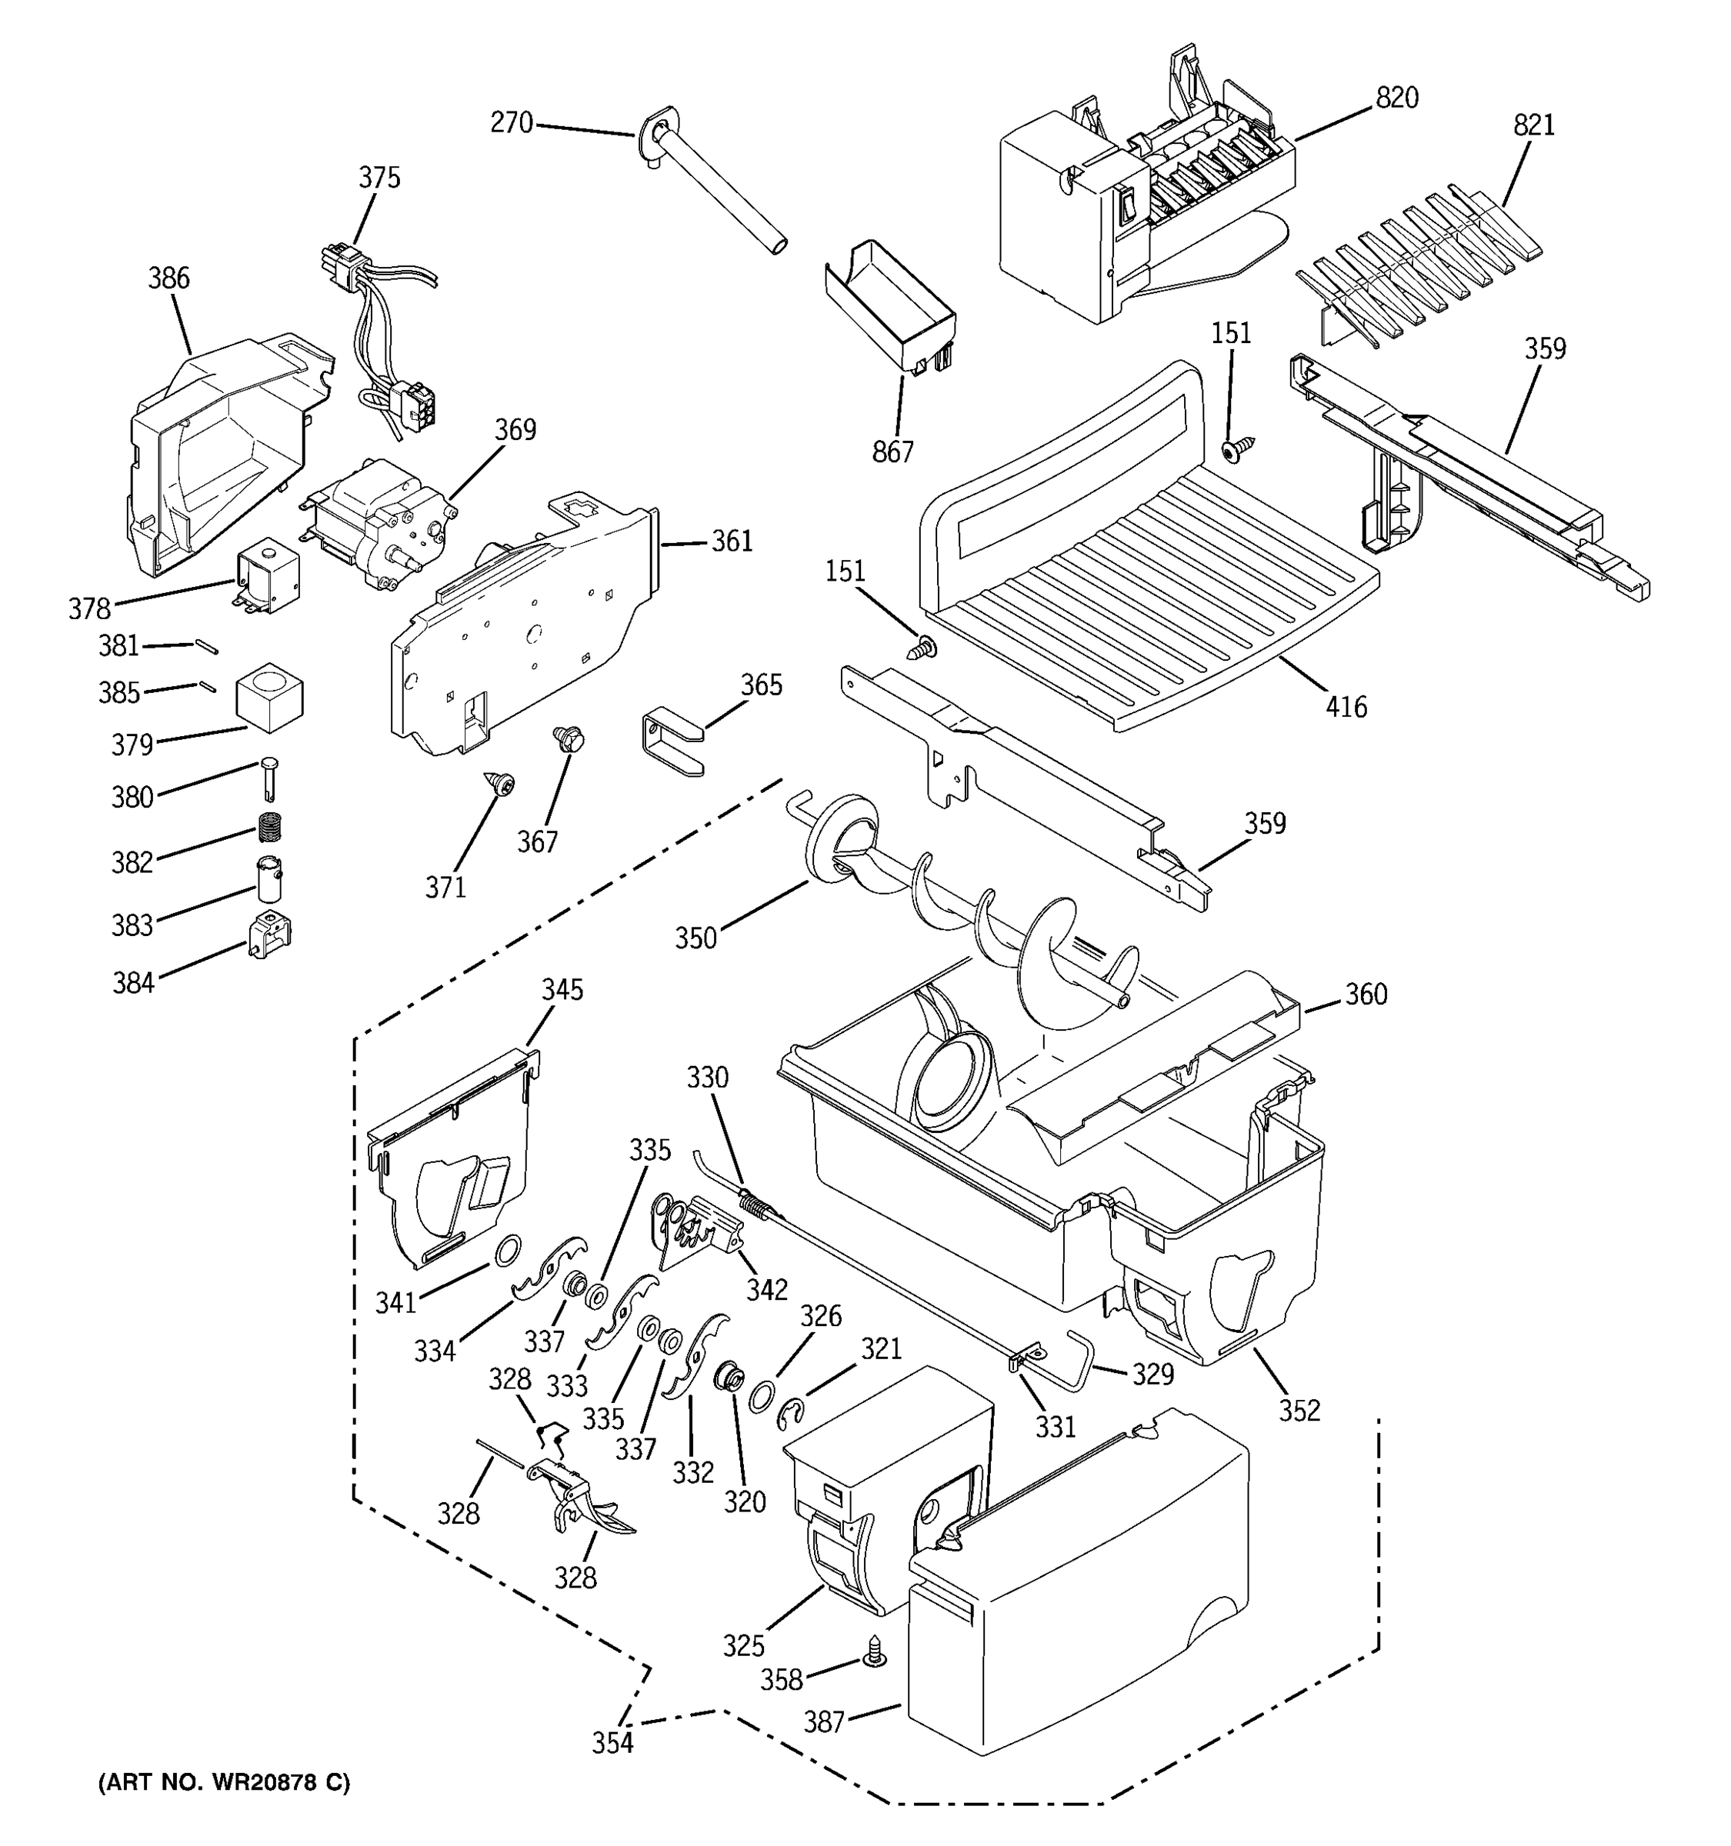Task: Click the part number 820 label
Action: tap(1396, 98)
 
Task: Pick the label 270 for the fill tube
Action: tap(511, 122)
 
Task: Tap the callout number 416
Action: tap(1346, 708)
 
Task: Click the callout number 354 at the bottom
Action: tap(613, 1743)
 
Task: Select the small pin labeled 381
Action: tap(206, 645)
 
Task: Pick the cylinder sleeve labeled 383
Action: tap(269, 878)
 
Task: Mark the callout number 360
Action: tap(1365, 995)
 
